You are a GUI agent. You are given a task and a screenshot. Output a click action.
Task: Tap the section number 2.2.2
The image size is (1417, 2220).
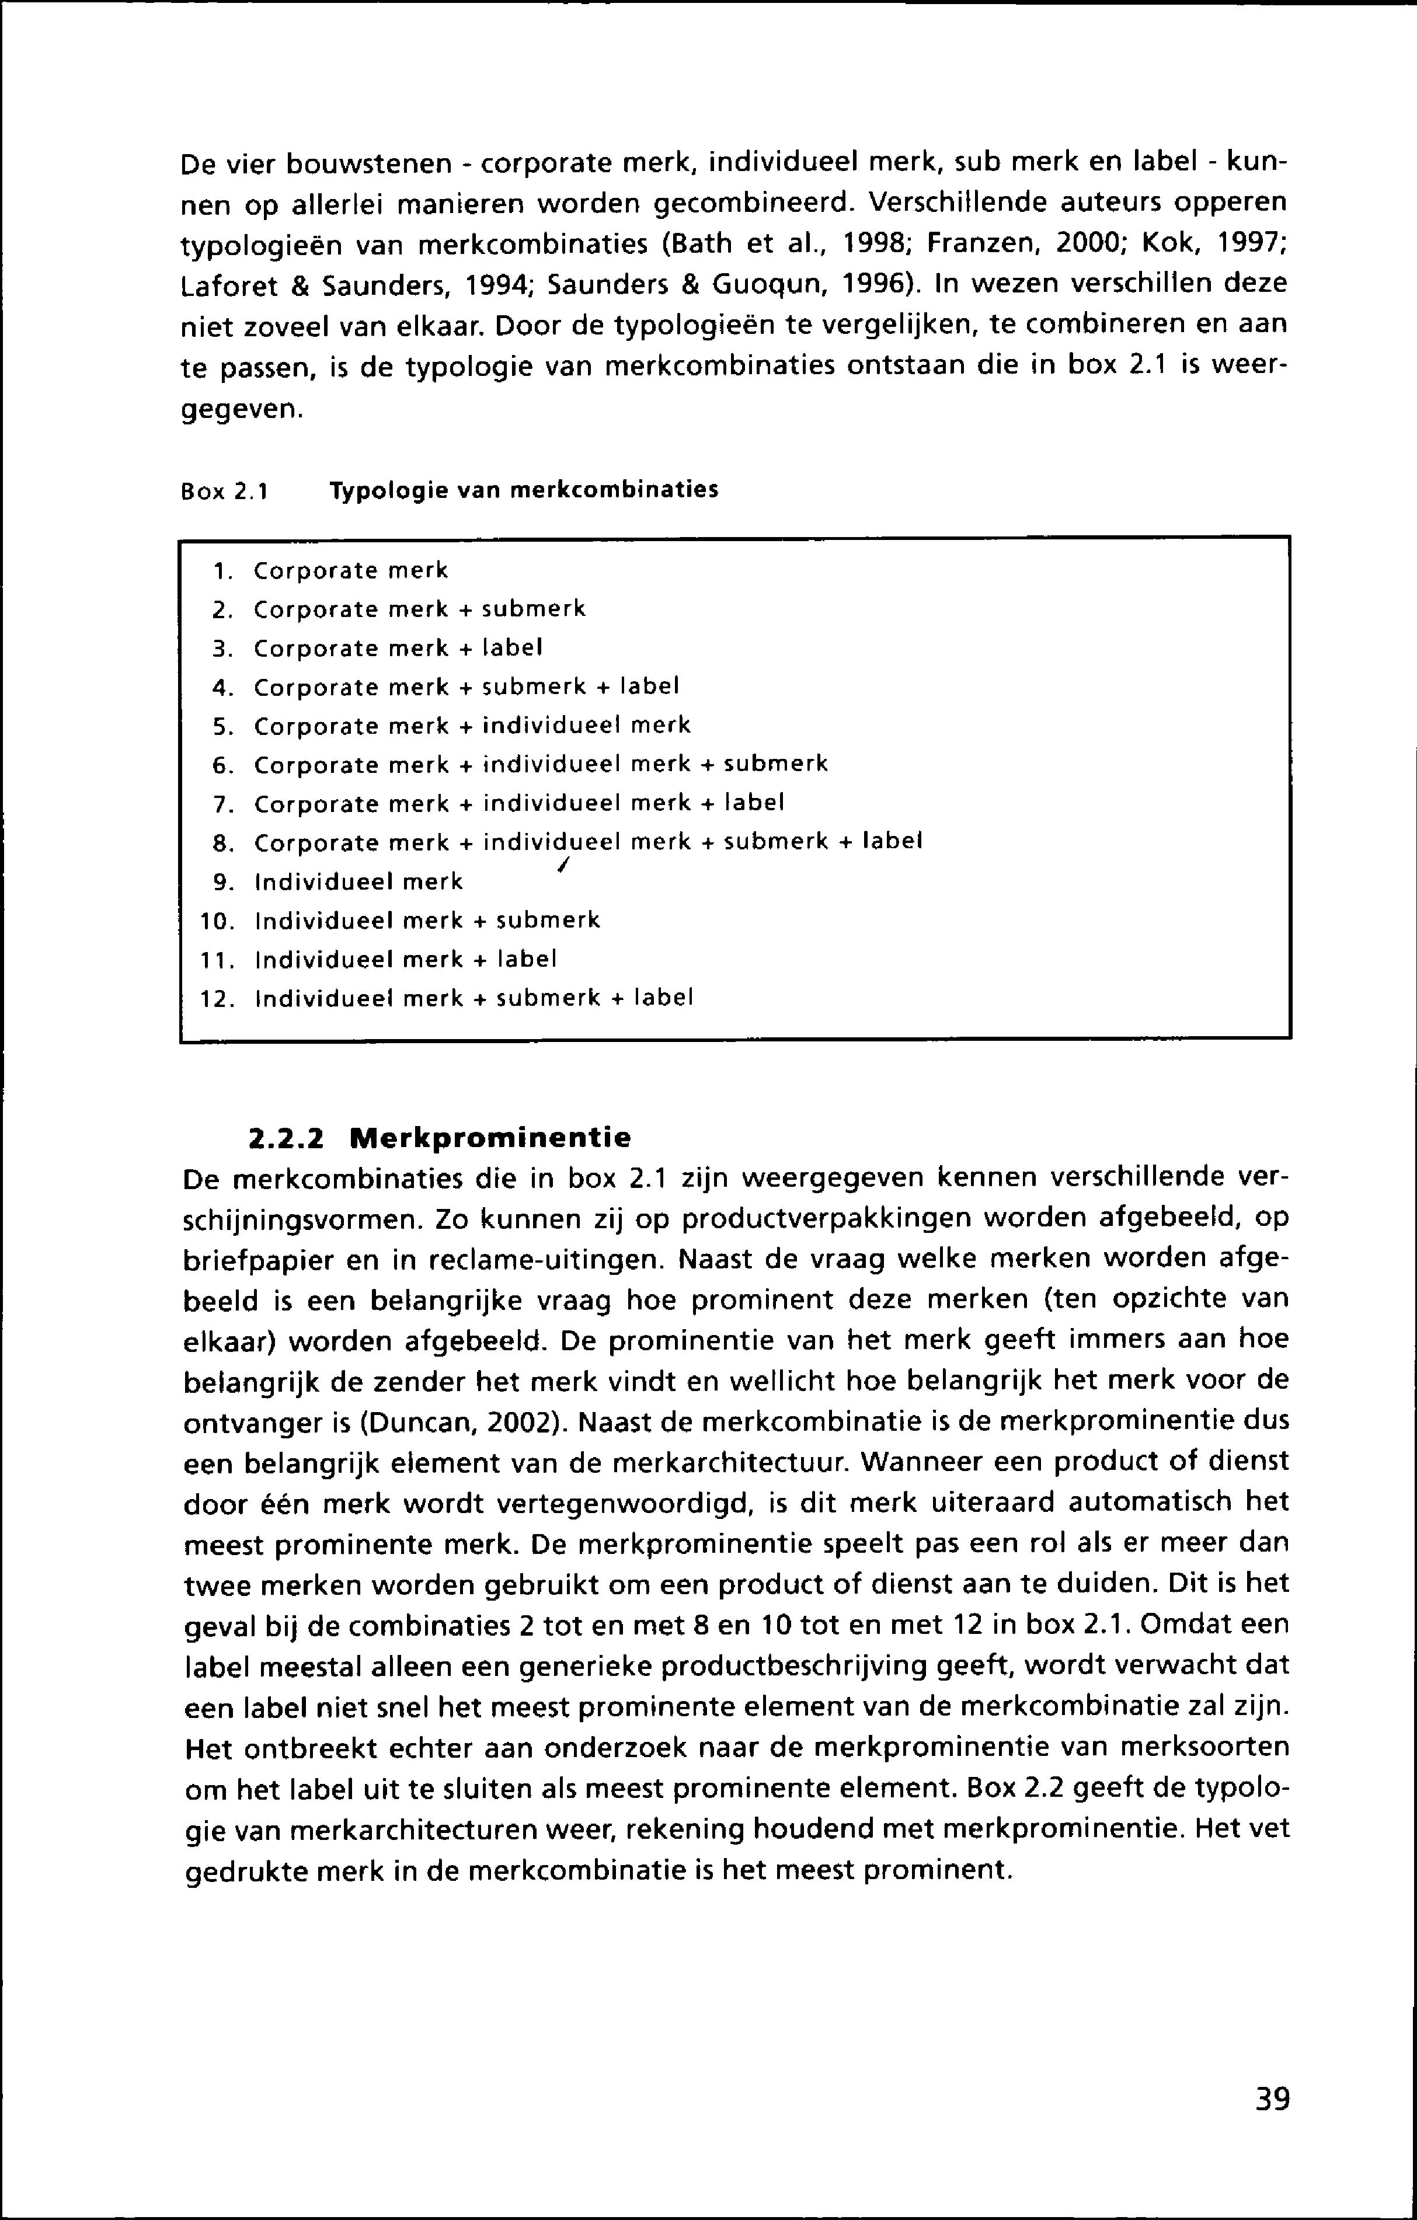coord(287,1138)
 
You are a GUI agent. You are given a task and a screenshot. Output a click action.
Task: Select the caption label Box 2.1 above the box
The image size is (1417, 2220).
coord(224,492)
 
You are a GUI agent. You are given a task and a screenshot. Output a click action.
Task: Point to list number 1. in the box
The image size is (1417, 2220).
coord(220,571)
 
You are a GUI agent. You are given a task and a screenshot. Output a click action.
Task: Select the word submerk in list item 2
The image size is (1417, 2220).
coord(535,609)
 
